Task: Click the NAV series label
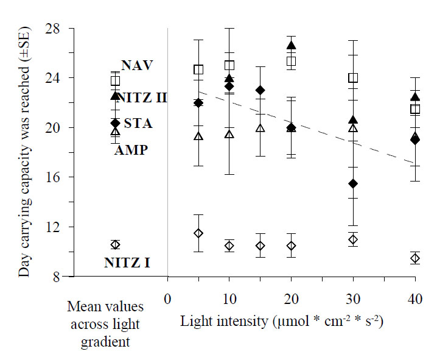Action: point(137,65)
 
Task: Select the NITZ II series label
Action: point(141,97)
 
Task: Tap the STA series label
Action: point(138,124)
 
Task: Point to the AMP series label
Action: point(131,150)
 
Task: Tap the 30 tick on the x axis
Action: point(352,300)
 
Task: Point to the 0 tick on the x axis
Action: point(167,300)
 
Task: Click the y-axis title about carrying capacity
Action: point(24,152)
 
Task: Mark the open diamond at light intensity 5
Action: point(198,233)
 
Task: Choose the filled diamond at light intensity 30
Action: point(352,183)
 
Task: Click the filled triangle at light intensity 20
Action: point(291,45)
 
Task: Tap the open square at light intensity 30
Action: point(352,78)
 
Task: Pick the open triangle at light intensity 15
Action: point(260,128)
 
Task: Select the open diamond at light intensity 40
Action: point(415,258)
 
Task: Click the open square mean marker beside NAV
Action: point(115,80)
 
